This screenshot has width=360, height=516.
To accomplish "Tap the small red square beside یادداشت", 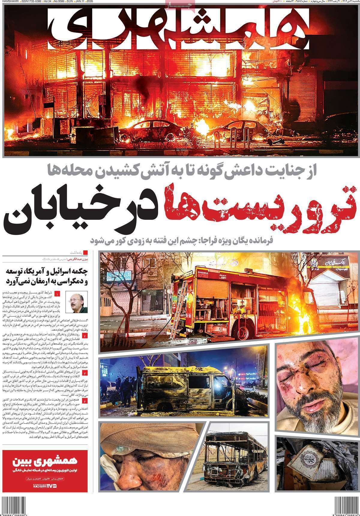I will pyautogui.click(x=85, y=252).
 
